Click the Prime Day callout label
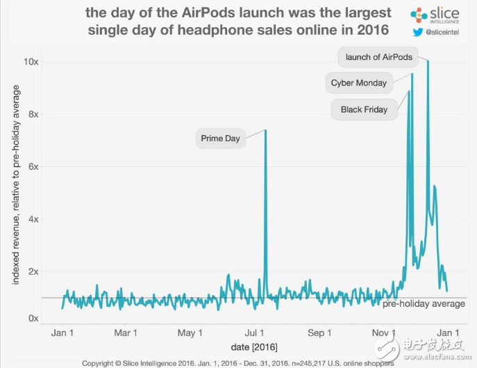pos(220,138)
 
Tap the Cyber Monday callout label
pos(358,83)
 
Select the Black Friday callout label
pos(364,109)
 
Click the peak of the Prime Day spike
pos(265,131)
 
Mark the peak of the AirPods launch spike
pos(428,61)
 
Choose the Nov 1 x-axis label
pos(383,332)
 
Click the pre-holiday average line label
pos(424,304)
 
